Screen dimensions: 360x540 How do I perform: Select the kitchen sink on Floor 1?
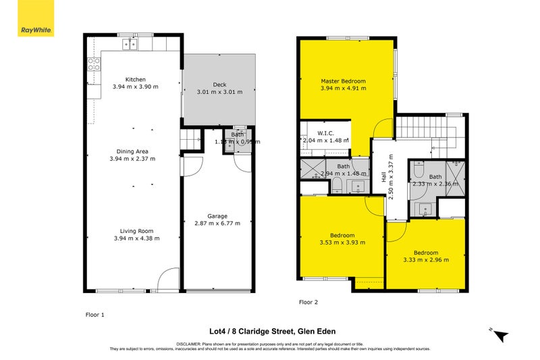point(130,45)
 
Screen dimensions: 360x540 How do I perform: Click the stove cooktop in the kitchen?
point(94,65)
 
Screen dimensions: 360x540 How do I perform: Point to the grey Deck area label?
point(219,84)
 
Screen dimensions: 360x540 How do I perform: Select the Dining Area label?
point(132,151)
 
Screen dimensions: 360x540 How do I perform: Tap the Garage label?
point(217,215)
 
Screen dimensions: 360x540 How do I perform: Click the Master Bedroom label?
point(343,80)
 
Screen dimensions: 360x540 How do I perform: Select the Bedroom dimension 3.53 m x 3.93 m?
point(342,242)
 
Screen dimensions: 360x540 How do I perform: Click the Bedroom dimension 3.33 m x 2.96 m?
point(426,259)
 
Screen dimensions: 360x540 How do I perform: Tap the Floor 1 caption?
point(95,314)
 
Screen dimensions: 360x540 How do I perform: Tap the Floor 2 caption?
point(309,303)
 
